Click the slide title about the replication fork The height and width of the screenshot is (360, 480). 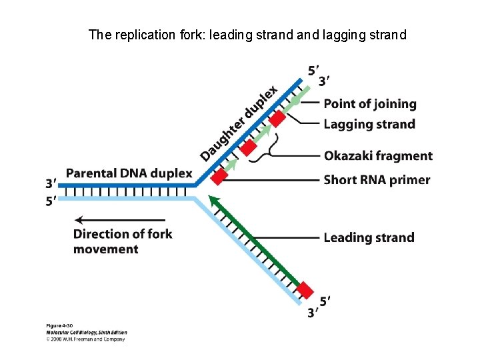[247, 34]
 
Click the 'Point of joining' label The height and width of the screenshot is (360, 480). [369, 104]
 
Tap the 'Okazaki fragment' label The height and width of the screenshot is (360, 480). [378, 156]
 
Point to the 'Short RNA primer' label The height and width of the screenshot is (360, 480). [377, 180]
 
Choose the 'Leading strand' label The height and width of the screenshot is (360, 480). [369, 237]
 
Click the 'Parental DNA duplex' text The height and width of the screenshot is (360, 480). [129, 174]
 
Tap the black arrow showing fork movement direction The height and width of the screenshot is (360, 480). [120, 220]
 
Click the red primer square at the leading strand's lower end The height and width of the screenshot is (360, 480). [305, 290]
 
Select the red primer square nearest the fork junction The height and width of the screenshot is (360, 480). [219, 177]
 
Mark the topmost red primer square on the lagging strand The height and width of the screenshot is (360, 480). [277, 119]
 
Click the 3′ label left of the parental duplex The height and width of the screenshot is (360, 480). [51, 183]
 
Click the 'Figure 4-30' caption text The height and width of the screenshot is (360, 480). [59, 325]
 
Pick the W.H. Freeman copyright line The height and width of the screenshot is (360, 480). [85, 339]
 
